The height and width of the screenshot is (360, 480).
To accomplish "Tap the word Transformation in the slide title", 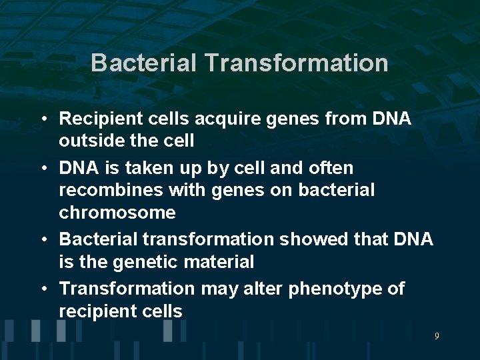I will pyautogui.click(x=297, y=63).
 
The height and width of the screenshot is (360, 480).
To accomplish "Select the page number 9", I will pyautogui.click(x=437, y=336).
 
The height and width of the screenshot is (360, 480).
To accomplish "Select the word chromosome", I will pyautogui.click(x=117, y=213).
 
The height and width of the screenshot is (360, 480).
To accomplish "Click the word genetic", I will pyautogui.click(x=144, y=262).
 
